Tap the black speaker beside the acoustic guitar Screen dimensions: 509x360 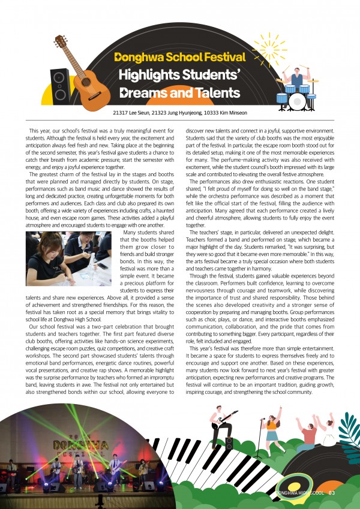click(60, 85)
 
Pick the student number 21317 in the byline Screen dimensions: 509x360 click(121, 113)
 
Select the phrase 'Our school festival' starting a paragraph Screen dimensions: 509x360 click(56, 327)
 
